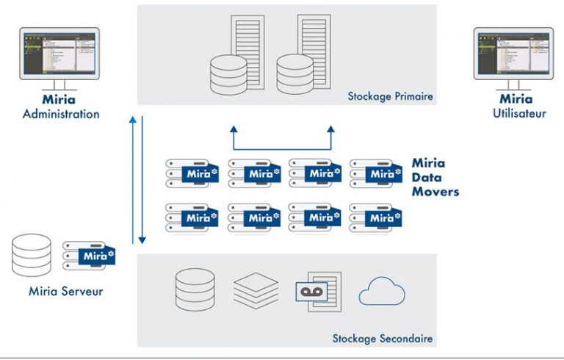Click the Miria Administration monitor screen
point(60,54)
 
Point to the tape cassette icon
point(315,291)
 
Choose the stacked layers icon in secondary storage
point(256,289)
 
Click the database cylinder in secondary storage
point(195,289)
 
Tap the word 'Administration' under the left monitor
point(60,115)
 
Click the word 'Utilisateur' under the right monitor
point(520,114)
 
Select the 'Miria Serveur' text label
point(66,291)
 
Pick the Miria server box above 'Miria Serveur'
point(88,255)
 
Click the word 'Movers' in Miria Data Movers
point(435,192)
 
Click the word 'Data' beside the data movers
point(424,178)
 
